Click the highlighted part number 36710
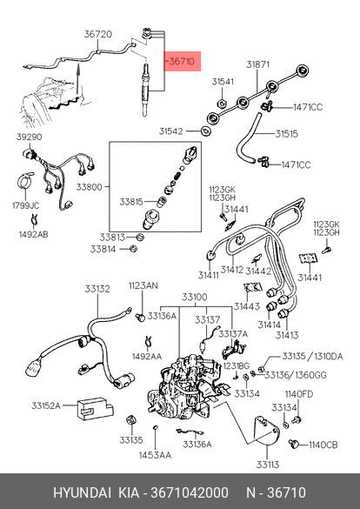(x=182, y=61)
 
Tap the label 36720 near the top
(x=98, y=34)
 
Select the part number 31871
(x=258, y=64)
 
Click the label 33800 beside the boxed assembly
(x=90, y=187)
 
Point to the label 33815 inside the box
(x=131, y=202)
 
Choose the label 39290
(x=30, y=137)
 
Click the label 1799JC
(x=25, y=205)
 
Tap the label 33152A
(x=46, y=405)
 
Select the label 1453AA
(x=155, y=455)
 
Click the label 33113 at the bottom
(x=268, y=465)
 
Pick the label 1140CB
(x=323, y=445)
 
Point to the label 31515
(x=287, y=134)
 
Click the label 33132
(x=97, y=289)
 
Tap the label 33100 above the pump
(x=195, y=297)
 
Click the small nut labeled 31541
(x=222, y=104)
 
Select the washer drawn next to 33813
(x=140, y=238)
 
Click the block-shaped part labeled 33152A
(x=96, y=408)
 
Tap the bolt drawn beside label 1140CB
(x=294, y=444)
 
